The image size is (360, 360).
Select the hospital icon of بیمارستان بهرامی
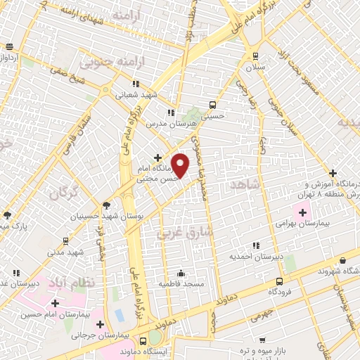(304, 211)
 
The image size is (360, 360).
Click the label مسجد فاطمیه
(181, 283)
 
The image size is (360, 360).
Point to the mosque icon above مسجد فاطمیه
(181, 273)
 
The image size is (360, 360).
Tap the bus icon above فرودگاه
(280, 281)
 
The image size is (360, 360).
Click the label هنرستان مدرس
(169, 123)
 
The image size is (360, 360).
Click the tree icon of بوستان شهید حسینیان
(106, 206)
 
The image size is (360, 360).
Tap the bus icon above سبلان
(255, 56)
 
